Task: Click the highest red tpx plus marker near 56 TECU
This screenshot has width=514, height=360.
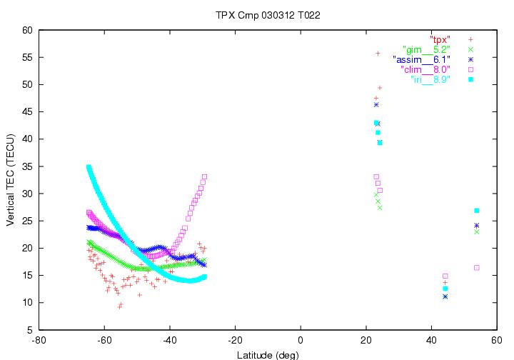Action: point(378,54)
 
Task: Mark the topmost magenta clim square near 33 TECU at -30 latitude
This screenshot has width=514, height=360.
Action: point(204,176)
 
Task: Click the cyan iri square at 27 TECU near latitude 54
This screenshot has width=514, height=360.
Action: point(476,211)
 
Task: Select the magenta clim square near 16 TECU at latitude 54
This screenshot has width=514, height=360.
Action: point(476,268)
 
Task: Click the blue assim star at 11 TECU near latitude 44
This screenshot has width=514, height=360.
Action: point(445,296)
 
